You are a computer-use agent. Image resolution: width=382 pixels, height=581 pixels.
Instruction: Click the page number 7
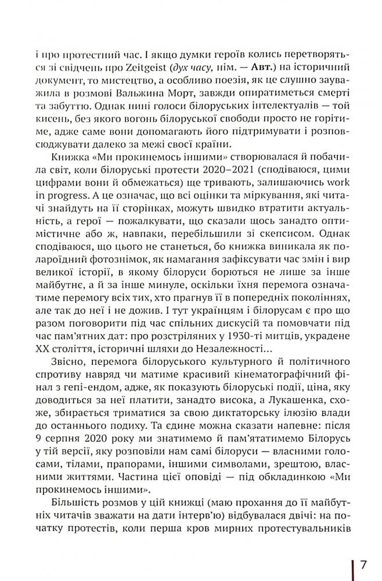(x=363, y=565)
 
